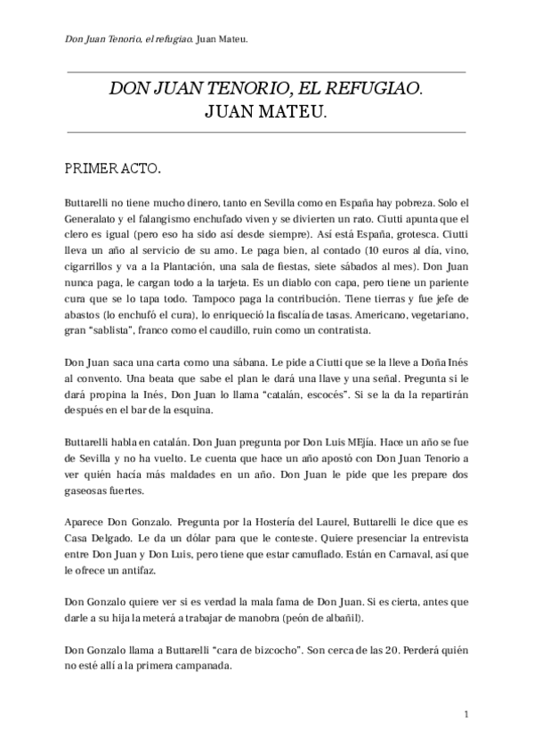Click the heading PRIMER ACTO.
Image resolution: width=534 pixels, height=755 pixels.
tap(112, 167)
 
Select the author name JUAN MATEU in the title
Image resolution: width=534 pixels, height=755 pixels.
tap(266, 112)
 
